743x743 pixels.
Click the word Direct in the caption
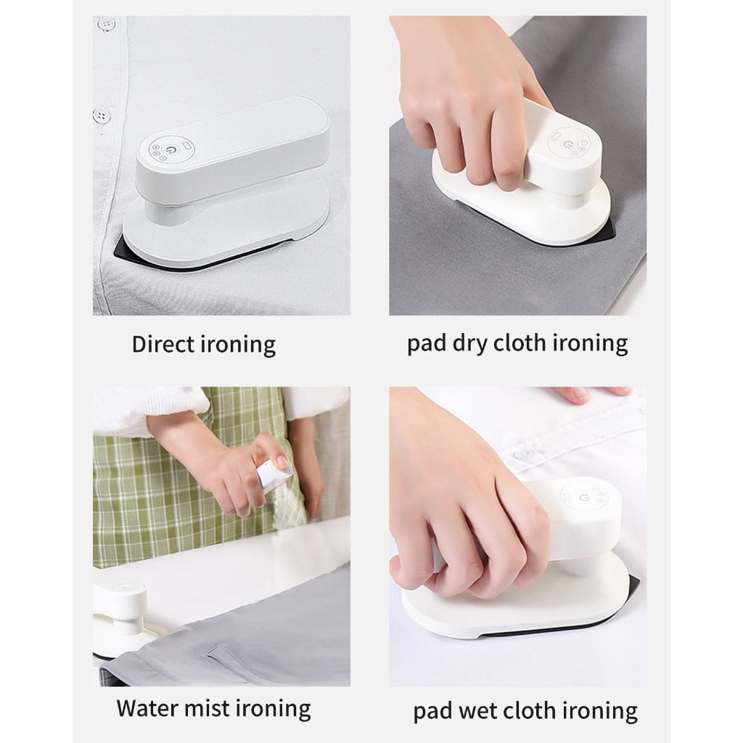pos(163,344)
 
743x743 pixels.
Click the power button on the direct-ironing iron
pos(171,149)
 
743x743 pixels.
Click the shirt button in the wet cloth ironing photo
pos(524,454)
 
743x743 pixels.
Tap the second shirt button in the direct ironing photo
pos(102,115)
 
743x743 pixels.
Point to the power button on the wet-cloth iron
pos(584,498)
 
